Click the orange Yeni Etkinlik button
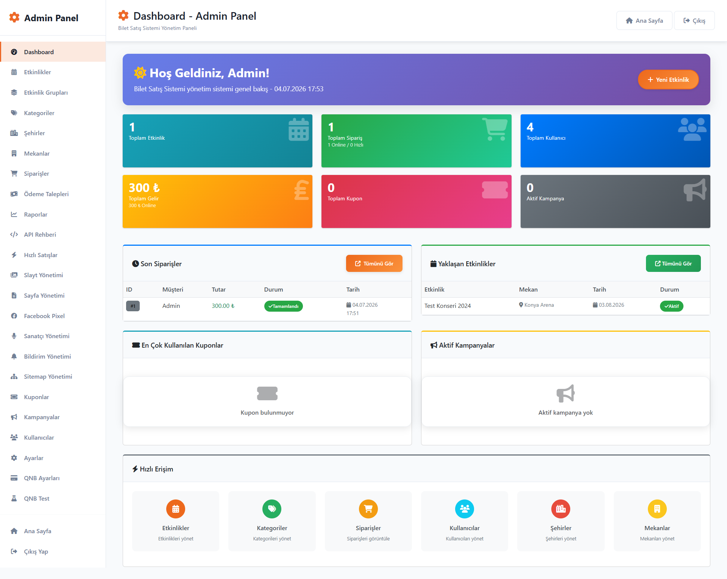click(x=668, y=80)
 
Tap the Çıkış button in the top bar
click(x=694, y=20)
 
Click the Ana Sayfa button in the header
click(x=644, y=20)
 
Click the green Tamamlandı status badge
click(x=283, y=306)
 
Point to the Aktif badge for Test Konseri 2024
click(x=671, y=306)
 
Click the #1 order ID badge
click(x=133, y=306)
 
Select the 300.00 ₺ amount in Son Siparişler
click(x=223, y=306)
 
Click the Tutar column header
click(x=218, y=289)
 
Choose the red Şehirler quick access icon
click(x=561, y=509)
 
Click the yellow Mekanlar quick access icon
click(x=657, y=509)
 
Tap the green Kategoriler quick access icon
click(x=272, y=509)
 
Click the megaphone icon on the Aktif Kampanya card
click(x=695, y=190)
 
